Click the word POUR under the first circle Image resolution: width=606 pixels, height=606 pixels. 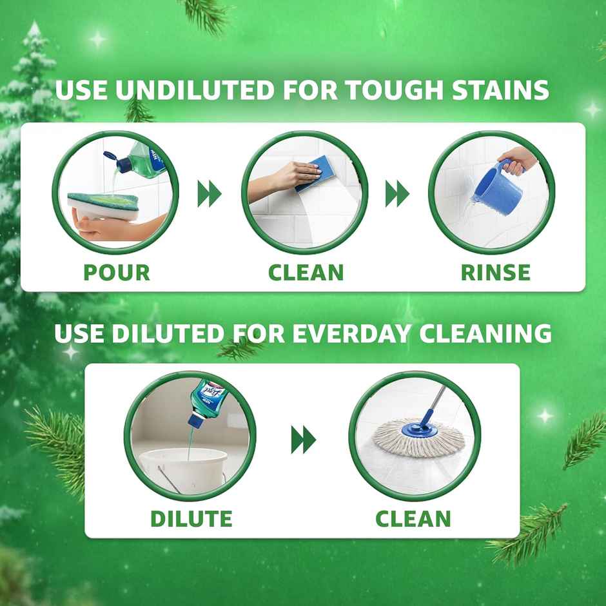point(117,272)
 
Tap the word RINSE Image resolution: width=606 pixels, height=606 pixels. point(495,272)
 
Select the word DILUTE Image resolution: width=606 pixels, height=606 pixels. point(191,518)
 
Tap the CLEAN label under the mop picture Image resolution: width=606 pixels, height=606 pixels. point(413,518)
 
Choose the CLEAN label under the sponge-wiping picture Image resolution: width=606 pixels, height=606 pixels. point(306,272)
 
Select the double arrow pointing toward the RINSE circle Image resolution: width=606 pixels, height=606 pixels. point(397,193)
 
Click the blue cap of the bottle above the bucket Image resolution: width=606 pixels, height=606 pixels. point(194,420)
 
